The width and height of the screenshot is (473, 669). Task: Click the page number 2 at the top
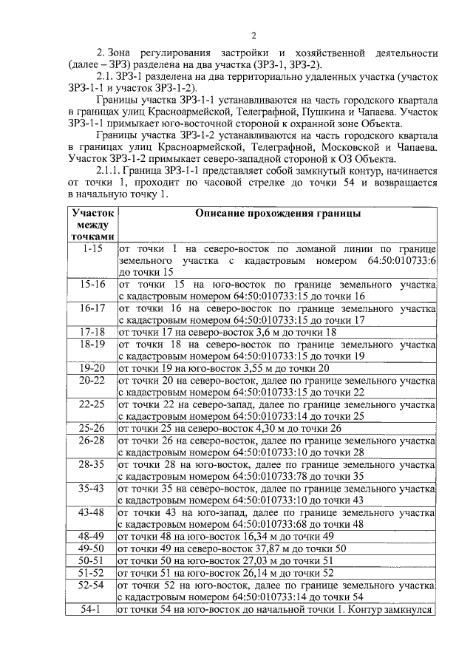tap(253, 37)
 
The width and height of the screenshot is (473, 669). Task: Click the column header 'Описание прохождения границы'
tap(278, 213)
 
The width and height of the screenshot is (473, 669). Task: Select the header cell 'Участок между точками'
tap(94, 224)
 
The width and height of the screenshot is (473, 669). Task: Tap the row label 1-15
tap(94, 249)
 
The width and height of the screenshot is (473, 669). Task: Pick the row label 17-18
tap(92, 332)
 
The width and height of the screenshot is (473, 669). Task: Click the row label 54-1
tap(92, 609)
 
